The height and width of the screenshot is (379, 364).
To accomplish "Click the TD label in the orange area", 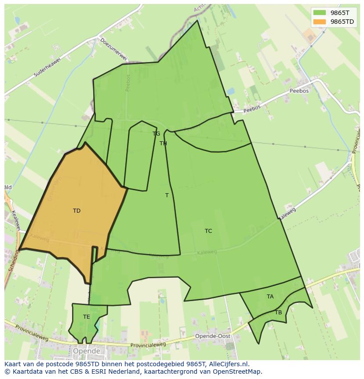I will (76, 211).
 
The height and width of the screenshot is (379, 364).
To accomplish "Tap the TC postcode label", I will (208, 231).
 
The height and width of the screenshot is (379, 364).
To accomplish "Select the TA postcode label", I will (270, 297).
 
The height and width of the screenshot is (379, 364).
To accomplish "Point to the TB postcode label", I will (278, 313).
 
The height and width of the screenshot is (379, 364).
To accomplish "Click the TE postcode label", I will (87, 317).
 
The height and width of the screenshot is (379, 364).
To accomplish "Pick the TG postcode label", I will (157, 134).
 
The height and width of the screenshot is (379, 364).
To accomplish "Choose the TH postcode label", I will (163, 144).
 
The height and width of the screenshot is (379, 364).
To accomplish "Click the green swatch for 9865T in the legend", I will (320, 13).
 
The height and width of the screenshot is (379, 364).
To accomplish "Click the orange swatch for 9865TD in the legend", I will (320, 22).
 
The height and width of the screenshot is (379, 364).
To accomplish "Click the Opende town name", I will (87, 351).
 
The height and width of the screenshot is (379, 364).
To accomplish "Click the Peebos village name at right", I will (299, 91).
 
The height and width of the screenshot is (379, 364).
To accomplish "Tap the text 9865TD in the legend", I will (342, 22).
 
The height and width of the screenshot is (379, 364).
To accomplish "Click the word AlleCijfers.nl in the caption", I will (228, 364).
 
